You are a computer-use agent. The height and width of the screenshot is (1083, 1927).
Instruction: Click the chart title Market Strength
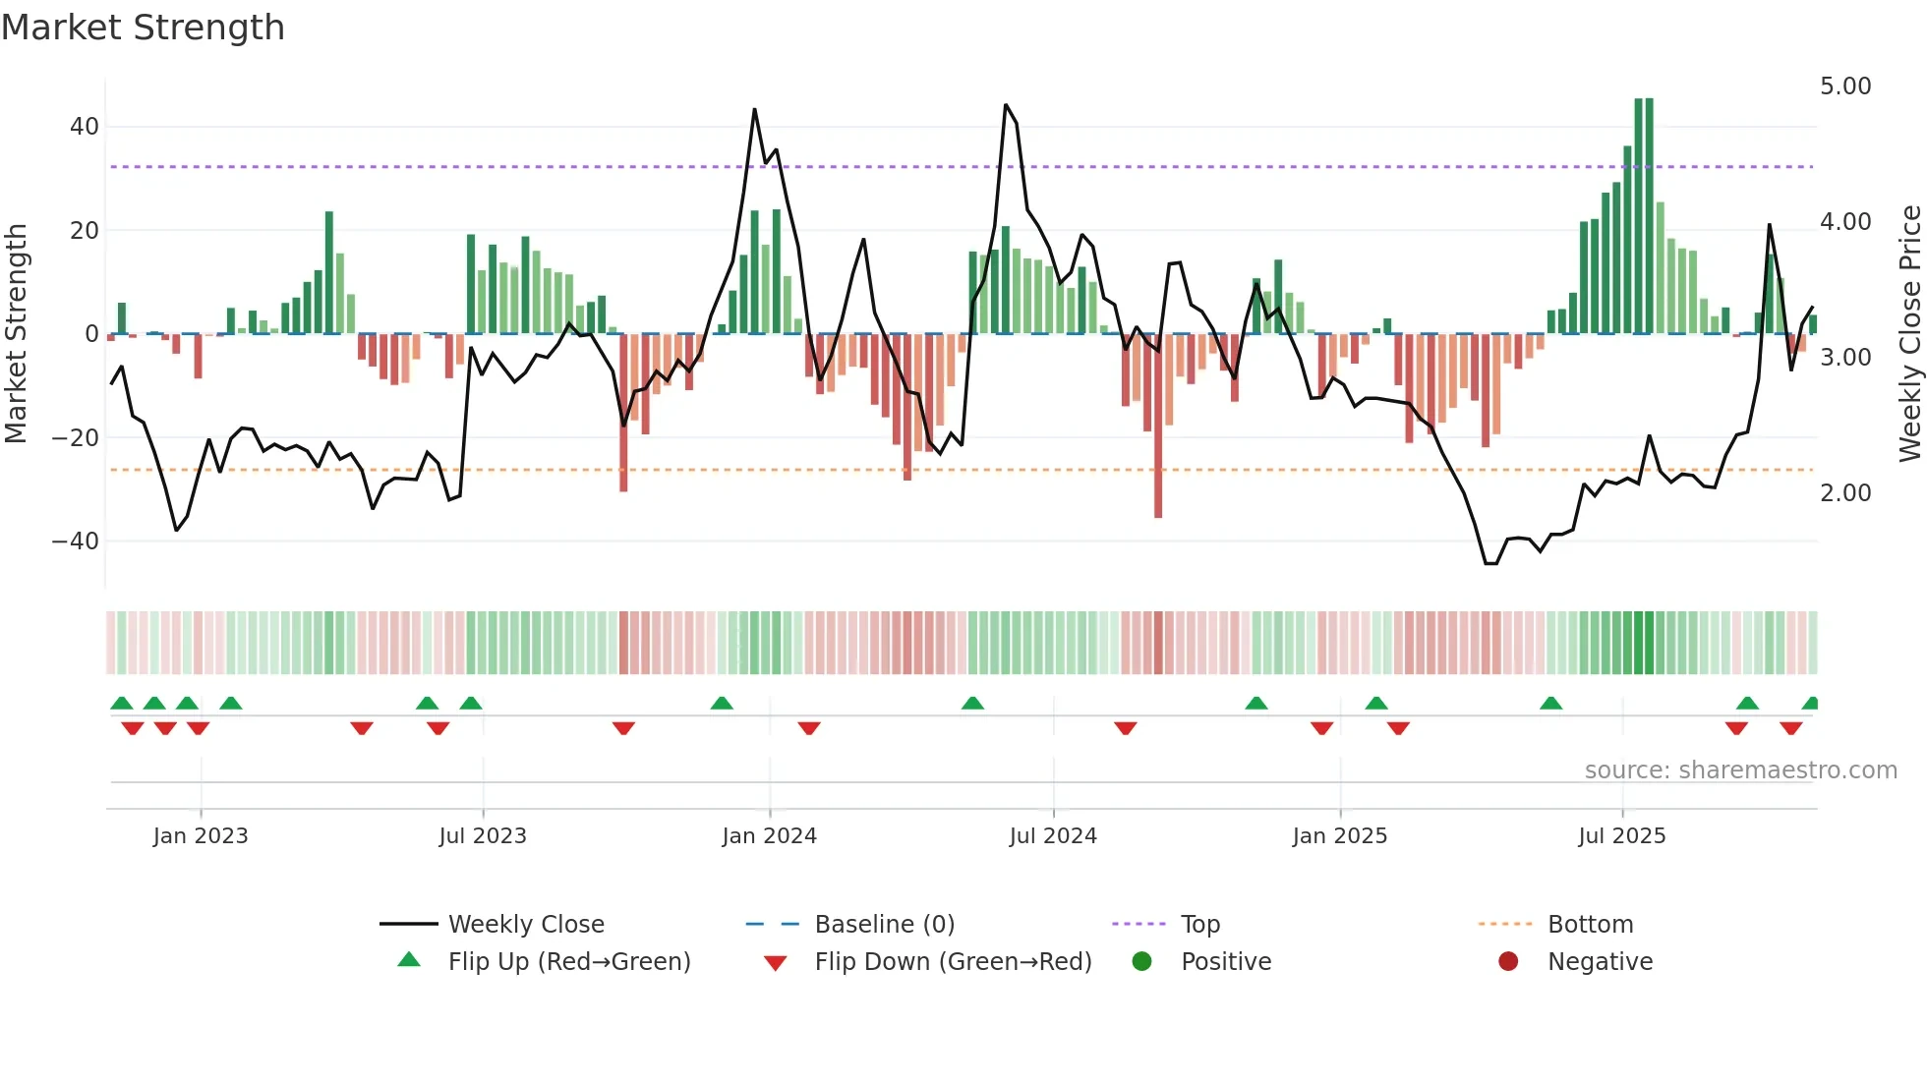point(143,28)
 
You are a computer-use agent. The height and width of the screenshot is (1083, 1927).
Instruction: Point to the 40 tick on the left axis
point(85,127)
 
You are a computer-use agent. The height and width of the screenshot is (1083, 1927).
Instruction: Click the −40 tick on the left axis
point(76,541)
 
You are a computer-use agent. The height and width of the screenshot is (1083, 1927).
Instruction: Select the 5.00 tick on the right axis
point(1845,86)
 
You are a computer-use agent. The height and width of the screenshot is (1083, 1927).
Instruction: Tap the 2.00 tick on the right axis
point(1845,493)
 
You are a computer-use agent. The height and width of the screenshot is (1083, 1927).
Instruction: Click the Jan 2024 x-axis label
point(769,836)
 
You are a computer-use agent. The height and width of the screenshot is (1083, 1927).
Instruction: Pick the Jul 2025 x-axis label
point(1622,836)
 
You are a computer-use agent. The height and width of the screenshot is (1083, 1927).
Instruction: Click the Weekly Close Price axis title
point(1909,333)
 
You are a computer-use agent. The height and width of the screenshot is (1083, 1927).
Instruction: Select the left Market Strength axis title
point(16,333)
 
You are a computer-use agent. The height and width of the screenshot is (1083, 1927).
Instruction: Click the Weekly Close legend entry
point(526,925)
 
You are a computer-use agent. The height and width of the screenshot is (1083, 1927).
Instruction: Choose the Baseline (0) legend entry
point(884,925)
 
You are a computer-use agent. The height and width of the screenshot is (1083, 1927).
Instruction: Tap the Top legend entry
point(1199,925)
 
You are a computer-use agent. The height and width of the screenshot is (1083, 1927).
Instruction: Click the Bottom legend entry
point(1590,925)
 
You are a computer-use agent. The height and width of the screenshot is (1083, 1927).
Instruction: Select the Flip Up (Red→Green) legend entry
point(568,962)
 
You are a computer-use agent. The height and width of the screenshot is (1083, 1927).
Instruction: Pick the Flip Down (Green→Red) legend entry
point(953,962)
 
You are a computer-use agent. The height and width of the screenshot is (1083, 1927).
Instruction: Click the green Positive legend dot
point(1141,962)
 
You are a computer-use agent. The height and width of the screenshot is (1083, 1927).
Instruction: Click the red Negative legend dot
point(1508,962)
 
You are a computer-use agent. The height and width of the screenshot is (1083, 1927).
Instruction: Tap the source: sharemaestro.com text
point(1740,770)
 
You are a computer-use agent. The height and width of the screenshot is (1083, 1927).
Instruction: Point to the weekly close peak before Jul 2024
point(1006,105)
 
